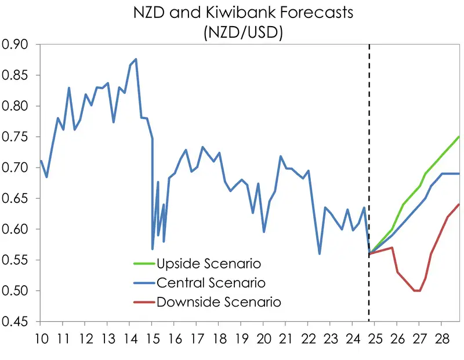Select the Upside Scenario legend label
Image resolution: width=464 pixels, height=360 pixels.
208,264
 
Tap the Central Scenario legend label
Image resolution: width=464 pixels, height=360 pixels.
211,283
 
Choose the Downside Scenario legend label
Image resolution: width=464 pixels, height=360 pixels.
219,302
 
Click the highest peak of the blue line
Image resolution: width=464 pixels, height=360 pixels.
136,59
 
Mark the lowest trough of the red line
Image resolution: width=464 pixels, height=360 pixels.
417,290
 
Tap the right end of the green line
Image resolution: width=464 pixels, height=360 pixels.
459,137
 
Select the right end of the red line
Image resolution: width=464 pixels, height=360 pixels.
459,204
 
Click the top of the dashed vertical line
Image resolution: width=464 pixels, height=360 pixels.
369,45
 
